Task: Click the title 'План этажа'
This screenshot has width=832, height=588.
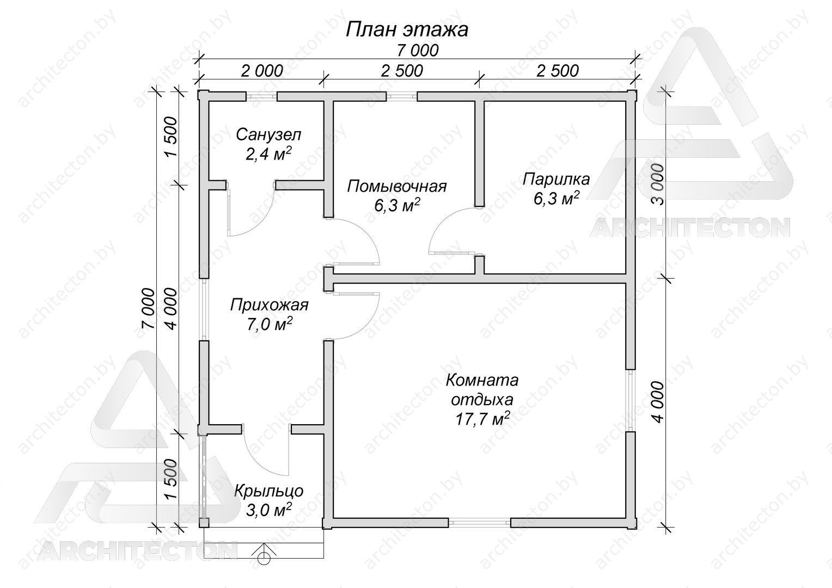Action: (x=407, y=30)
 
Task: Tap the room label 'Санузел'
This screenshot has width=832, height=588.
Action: (x=268, y=135)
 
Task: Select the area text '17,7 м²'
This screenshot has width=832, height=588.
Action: (x=482, y=419)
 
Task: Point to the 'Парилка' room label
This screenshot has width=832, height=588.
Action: (x=556, y=179)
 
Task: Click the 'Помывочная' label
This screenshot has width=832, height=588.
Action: (x=397, y=186)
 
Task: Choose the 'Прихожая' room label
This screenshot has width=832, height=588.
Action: (x=270, y=305)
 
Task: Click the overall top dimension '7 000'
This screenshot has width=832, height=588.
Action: (x=418, y=51)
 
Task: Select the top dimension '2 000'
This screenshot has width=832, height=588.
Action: (x=262, y=71)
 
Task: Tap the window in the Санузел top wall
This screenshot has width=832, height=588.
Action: (x=262, y=96)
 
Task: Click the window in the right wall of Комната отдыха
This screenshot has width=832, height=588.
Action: (x=630, y=400)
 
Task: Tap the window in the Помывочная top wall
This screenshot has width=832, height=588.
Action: (x=402, y=96)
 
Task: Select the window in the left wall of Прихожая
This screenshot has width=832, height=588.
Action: (x=204, y=309)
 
